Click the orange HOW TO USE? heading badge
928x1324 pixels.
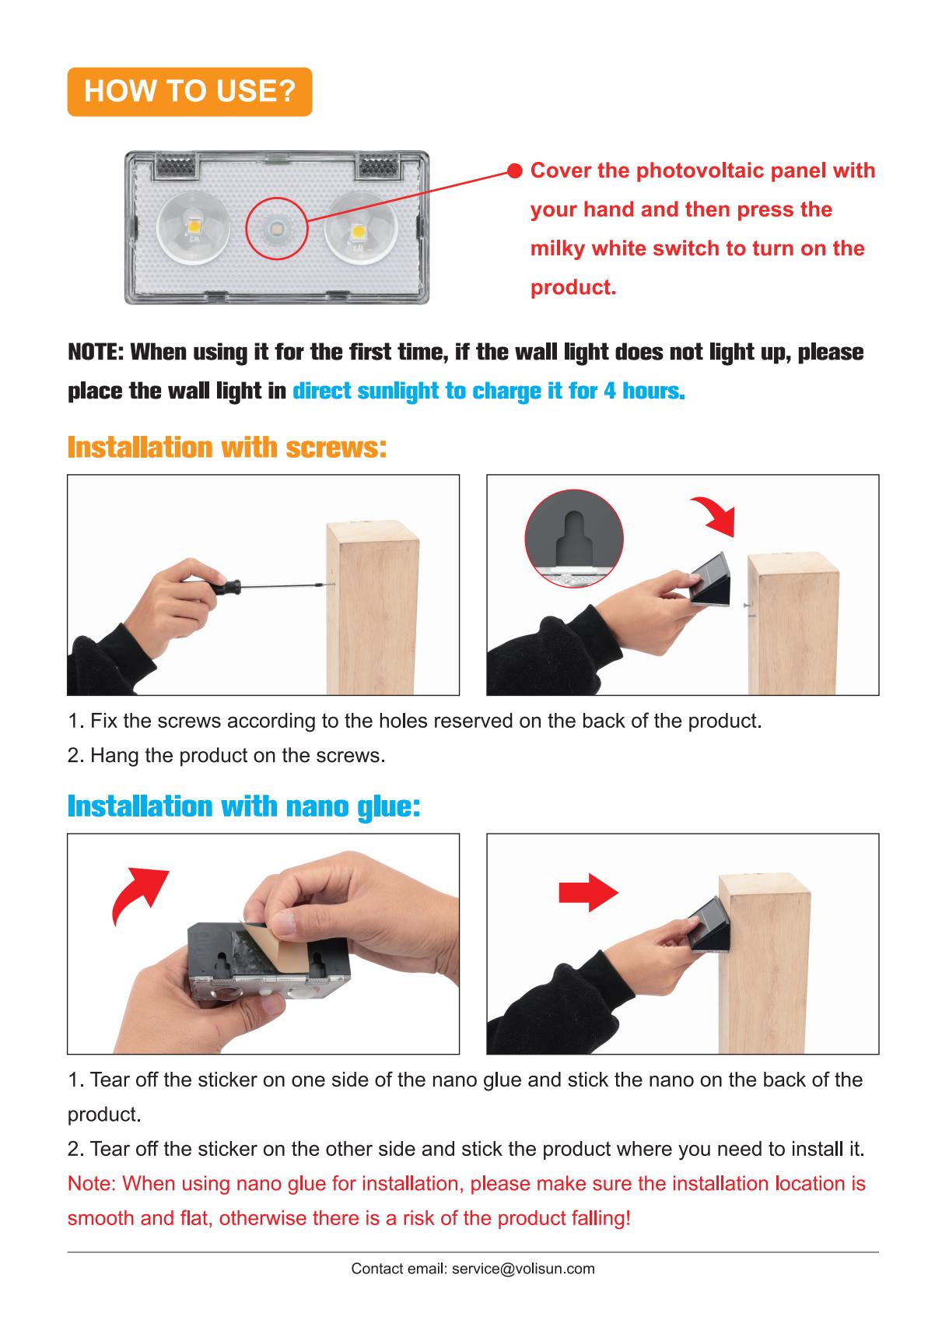click(x=190, y=92)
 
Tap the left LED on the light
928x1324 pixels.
click(x=194, y=227)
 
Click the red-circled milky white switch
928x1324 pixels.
click(x=276, y=227)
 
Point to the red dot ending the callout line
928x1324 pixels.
click(x=515, y=170)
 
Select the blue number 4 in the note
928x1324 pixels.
click(x=609, y=391)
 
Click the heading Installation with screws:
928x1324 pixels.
click(x=227, y=447)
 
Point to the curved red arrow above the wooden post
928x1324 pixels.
click(x=716, y=515)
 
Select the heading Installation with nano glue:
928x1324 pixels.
click(x=244, y=806)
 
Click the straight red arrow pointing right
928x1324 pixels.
click(x=588, y=893)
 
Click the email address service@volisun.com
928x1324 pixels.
click(x=524, y=1269)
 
